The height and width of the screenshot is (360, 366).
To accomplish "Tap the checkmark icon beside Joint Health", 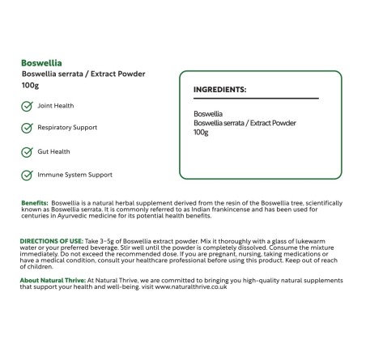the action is click(x=27, y=105).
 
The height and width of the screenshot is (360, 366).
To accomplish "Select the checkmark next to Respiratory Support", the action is click(x=27, y=128).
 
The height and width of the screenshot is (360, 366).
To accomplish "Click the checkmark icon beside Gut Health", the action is click(x=27, y=151).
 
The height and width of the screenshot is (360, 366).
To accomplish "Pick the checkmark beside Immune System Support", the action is click(x=27, y=174).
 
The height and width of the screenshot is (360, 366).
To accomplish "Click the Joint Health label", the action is click(x=56, y=105).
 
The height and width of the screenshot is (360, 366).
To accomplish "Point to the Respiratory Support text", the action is click(x=67, y=128).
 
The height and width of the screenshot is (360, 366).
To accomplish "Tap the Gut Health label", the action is click(x=54, y=151).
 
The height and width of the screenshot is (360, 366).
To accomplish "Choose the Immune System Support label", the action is click(x=74, y=174).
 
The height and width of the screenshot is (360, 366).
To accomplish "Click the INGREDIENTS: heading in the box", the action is click(x=220, y=90).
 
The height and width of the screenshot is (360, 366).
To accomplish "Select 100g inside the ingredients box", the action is click(x=202, y=132).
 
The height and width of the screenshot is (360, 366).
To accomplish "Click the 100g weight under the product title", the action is click(x=31, y=85).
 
